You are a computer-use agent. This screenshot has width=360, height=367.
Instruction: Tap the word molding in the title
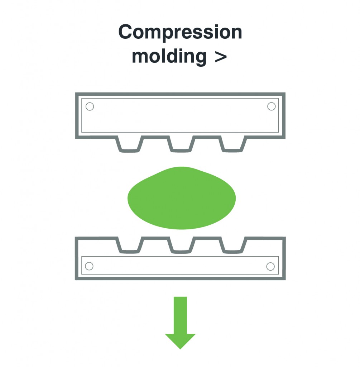[169, 57]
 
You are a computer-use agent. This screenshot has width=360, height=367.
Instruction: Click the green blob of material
[182, 198]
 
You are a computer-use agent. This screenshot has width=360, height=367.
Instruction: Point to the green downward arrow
[180, 323]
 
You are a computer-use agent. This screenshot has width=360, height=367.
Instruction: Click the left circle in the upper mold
[90, 106]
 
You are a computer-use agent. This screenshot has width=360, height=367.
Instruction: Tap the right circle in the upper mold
[272, 106]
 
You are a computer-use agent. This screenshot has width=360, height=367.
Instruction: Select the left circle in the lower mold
[89, 266]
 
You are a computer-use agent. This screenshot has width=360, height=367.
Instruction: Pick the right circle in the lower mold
[270, 266]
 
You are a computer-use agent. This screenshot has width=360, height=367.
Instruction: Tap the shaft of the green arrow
[180, 315]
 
